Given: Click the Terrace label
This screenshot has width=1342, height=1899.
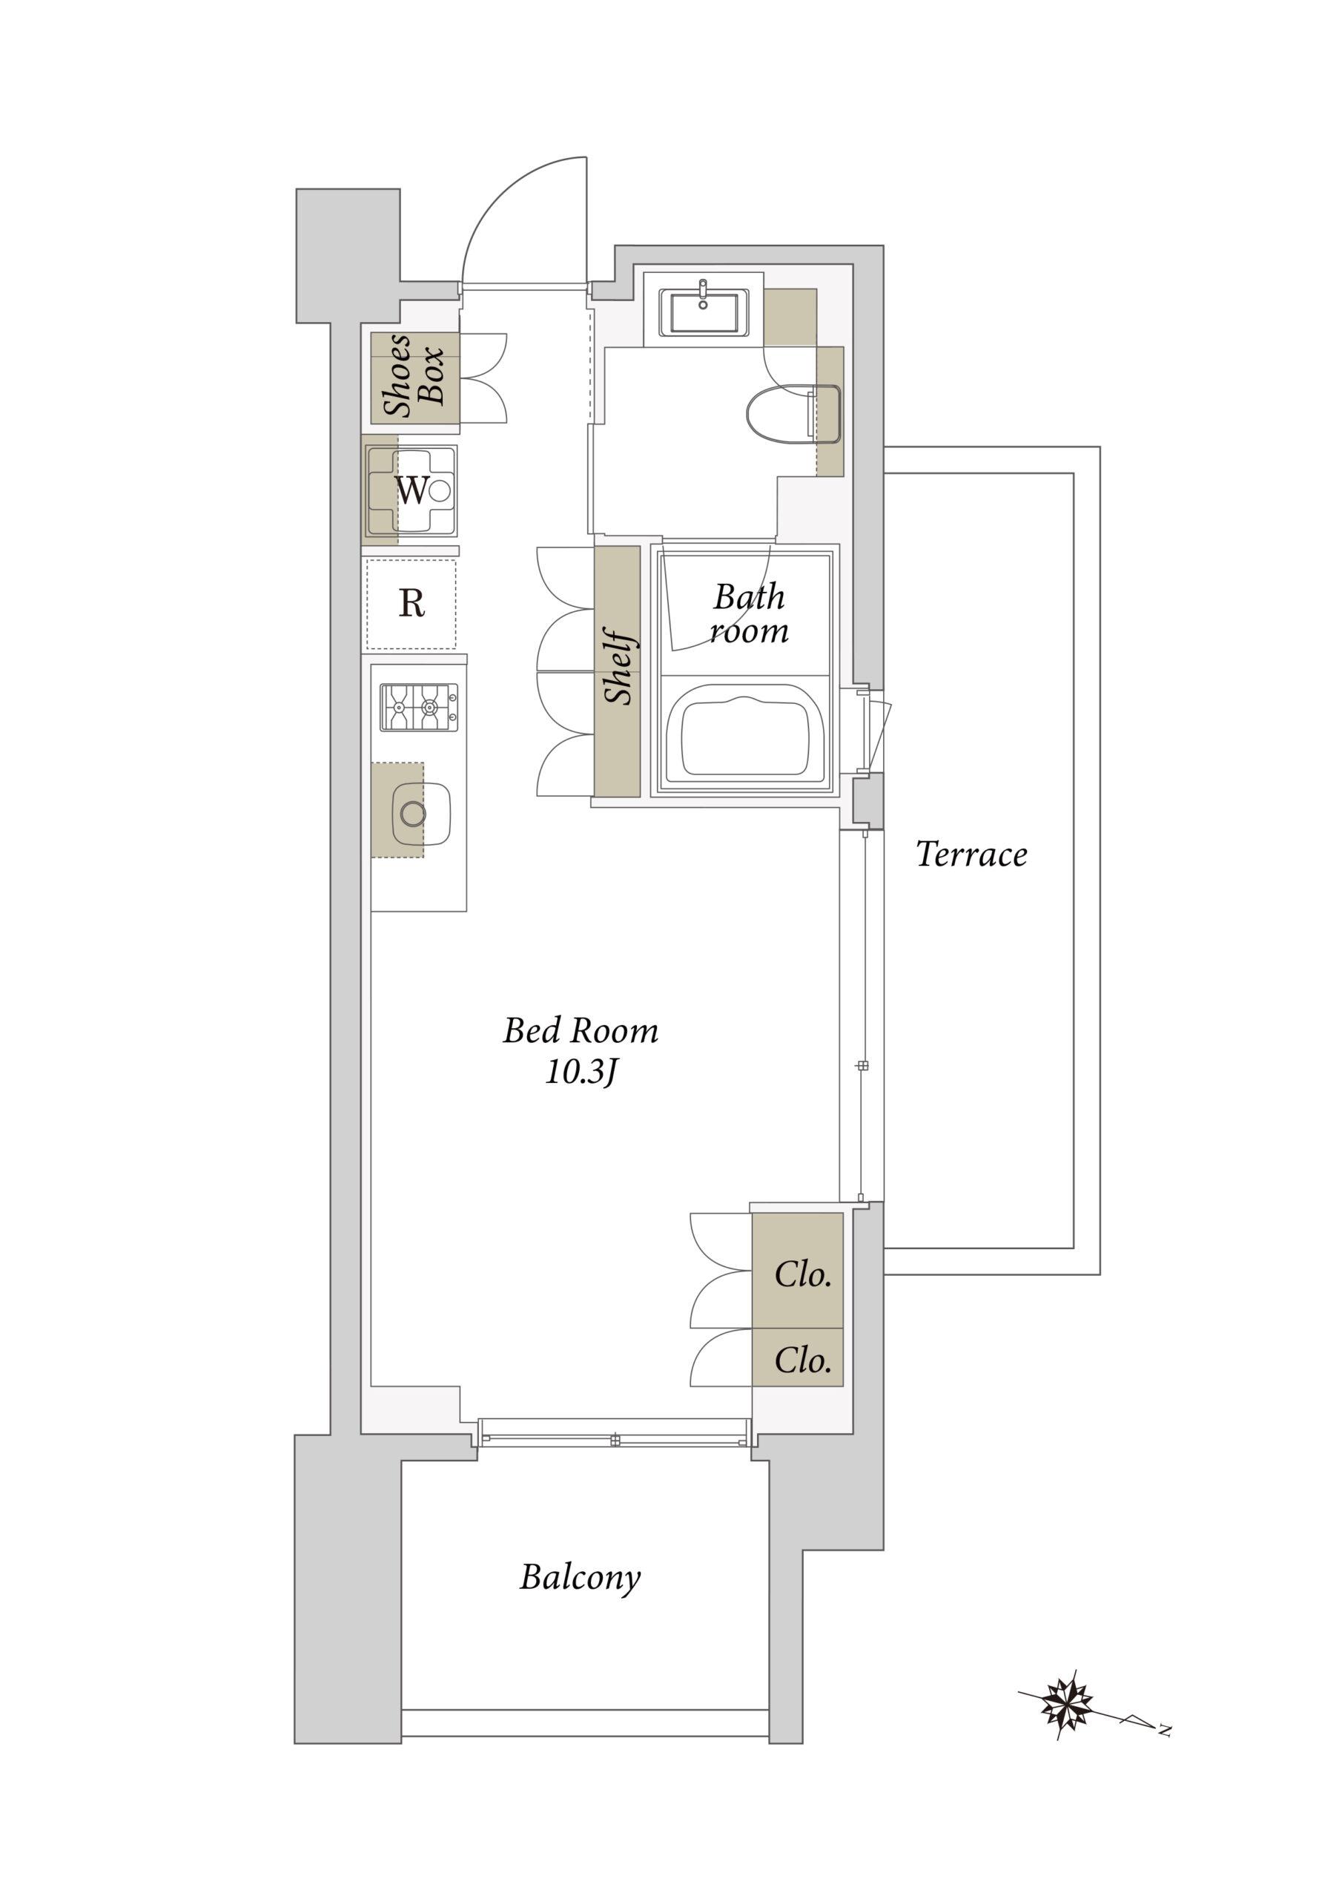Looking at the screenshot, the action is pyautogui.click(x=971, y=855).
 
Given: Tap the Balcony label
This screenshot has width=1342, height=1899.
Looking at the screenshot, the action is pyautogui.click(x=580, y=1578).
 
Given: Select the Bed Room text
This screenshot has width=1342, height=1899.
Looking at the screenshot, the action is pyautogui.click(x=581, y=1030).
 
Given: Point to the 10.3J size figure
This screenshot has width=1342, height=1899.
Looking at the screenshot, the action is pyautogui.click(x=581, y=1073).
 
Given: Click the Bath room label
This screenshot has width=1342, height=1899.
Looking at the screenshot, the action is pyautogui.click(x=749, y=613).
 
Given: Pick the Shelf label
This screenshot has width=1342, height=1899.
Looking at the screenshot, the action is pyautogui.click(x=618, y=668).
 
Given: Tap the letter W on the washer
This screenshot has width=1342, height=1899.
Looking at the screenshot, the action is pyautogui.click(x=411, y=490).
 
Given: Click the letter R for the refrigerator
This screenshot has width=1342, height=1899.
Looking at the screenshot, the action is pyautogui.click(x=411, y=604).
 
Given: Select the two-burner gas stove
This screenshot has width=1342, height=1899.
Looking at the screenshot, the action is pyautogui.click(x=419, y=707).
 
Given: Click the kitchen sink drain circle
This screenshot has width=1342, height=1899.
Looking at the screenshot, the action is pyautogui.click(x=412, y=814).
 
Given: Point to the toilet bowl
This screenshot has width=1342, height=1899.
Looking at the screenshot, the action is pyautogui.click(x=793, y=413).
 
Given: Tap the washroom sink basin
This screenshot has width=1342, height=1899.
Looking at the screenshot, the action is pyautogui.click(x=704, y=312).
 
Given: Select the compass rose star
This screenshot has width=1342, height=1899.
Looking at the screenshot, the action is pyautogui.click(x=1069, y=1704).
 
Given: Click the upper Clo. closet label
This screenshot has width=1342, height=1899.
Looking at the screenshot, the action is pyautogui.click(x=803, y=1274).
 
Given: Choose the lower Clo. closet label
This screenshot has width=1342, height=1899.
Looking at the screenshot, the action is pyautogui.click(x=803, y=1360).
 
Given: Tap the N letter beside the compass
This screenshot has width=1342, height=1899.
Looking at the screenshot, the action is pyautogui.click(x=1165, y=1728).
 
